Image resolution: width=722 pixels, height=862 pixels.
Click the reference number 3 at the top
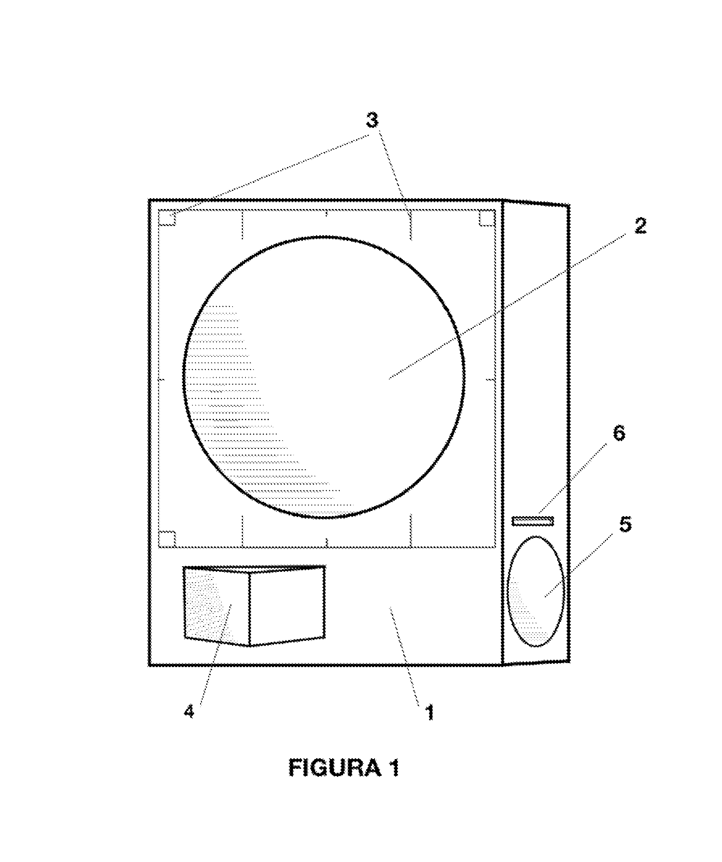pyautogui.click(x=372, y=121)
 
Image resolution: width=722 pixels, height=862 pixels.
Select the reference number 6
pyautogui.click(x=619, y=433)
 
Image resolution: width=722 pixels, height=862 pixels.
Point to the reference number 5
pyautogui.click(x=625, y=525)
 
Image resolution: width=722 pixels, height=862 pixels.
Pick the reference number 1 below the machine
pyautogui.click(x=429, y=713)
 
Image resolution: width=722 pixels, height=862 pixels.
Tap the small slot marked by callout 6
pyautogui.click(x=532, y=521)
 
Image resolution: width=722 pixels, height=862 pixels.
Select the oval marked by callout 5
pyautogui.click(x=536, y=592)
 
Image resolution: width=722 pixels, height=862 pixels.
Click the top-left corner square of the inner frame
pyautogui.click(x=167, y=218)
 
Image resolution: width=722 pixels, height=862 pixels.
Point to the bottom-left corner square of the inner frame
pyautogui.click(x=167, y=540)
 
